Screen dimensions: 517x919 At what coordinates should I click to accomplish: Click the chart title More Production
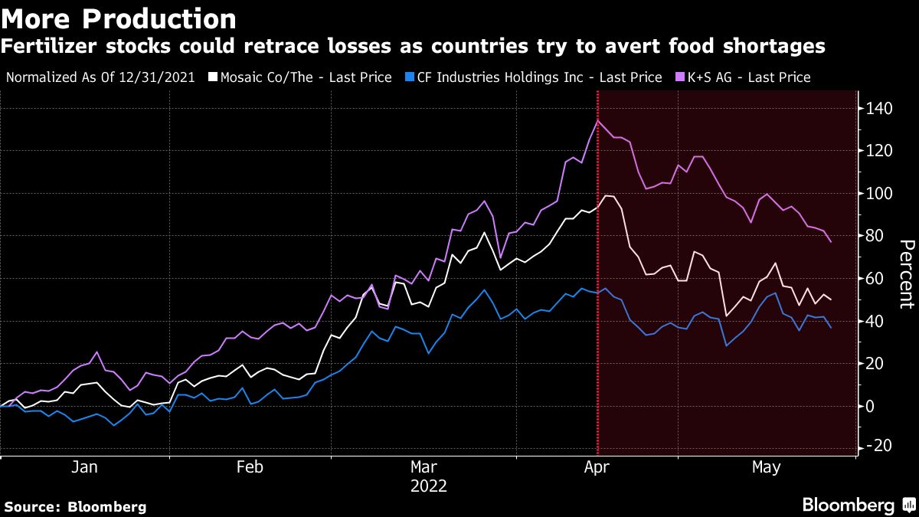click(x=118, y=18)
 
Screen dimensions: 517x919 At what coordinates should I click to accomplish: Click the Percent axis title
click(x=907, y=275)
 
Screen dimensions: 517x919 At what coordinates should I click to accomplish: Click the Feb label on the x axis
click(x=250, y=467)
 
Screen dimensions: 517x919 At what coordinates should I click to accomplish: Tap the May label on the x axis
click(x=767, y=467)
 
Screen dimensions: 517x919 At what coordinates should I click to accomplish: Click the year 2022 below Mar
click(x=428, y=486)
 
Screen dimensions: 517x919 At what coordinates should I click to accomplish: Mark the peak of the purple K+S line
click(x=597, y=120)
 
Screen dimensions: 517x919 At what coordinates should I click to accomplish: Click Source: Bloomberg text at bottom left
click(x=74, y=506)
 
